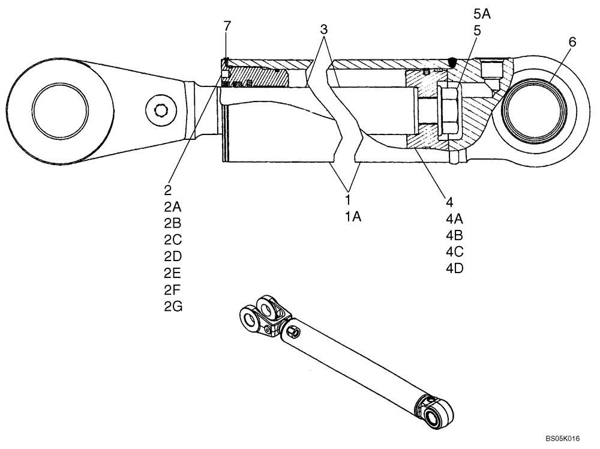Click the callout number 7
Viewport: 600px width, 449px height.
coord(227,26)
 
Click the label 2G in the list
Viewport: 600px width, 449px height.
coord(172,307)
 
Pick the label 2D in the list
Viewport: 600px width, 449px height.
coord(172,256)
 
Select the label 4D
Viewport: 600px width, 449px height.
coord(454,268)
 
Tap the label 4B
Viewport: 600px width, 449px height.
coord(454,235)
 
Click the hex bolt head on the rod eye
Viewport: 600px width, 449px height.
coord(161,110)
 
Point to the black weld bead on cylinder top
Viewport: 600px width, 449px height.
coord(452,61)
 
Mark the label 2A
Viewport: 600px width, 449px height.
coord(172,206)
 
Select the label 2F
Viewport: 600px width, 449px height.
coord(172,290)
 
